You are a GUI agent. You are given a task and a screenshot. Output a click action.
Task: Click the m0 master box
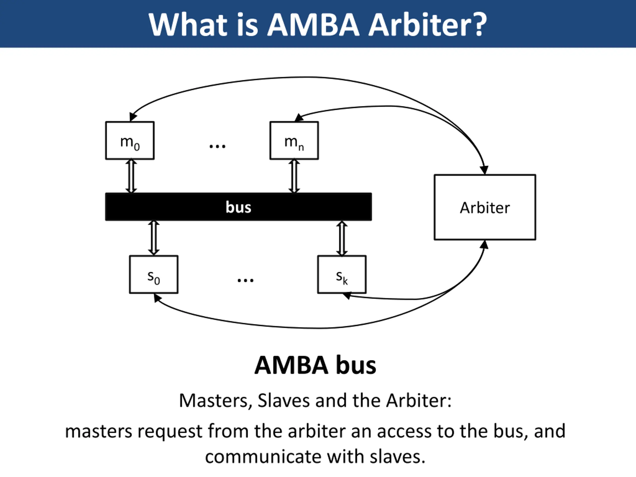point(130,140)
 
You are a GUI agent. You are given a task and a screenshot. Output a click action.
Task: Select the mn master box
point(294,140)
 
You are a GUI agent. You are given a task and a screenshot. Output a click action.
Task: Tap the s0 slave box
point(154,274)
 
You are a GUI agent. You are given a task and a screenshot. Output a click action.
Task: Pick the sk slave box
point(342,274)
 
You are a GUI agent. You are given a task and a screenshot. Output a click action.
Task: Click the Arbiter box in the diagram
point(485,207)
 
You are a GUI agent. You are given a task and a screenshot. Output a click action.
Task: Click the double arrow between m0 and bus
point(131,176)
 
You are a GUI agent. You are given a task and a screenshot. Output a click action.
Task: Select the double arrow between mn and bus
point(294,176)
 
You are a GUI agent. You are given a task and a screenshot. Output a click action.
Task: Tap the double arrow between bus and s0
point(154,238)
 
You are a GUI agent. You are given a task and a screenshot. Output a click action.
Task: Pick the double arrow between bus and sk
point(342,238)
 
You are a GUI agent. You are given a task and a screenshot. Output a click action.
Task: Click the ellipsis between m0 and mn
point(217,146)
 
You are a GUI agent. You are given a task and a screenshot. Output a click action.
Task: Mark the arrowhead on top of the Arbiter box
point(484,170)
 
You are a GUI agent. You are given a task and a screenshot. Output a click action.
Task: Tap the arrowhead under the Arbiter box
point(484,245)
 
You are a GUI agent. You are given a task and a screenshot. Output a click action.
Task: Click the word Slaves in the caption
point(283,400)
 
